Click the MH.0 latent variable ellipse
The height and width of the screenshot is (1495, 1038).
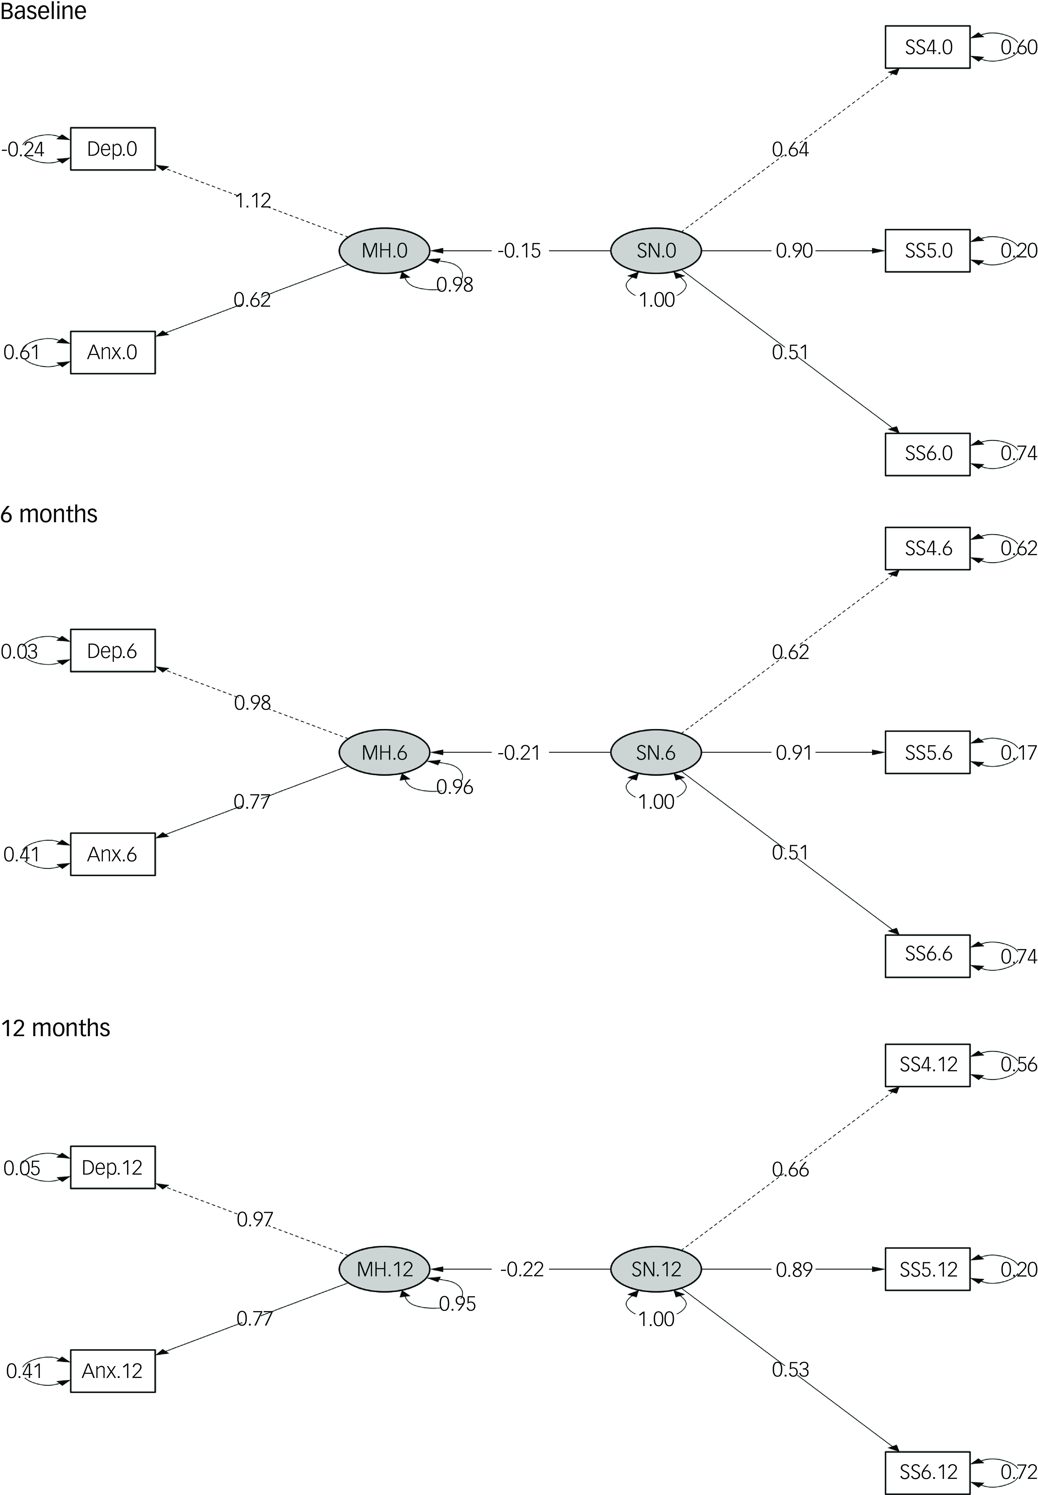click(x=384, y=250)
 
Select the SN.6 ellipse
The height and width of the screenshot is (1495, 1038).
click(x=656, y=752)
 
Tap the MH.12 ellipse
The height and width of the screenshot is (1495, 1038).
click(x=384, y=1269)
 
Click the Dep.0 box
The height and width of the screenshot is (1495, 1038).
click(x=112, y=149)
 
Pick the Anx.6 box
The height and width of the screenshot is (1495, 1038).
click(x=112, y=854)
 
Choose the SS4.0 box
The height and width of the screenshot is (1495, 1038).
click(x=928, y=47)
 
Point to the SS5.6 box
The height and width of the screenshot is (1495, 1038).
click(x=928, y=752)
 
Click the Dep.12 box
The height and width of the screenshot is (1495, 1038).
click(x=112, y=1167)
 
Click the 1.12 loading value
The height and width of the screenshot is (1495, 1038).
click(x=253, y=200)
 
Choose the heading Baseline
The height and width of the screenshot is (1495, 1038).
click(x=43, y=11)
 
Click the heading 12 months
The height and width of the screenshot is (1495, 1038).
click(x=55, y=1028)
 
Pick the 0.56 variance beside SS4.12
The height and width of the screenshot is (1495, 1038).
click(x=1018, y=1064)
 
